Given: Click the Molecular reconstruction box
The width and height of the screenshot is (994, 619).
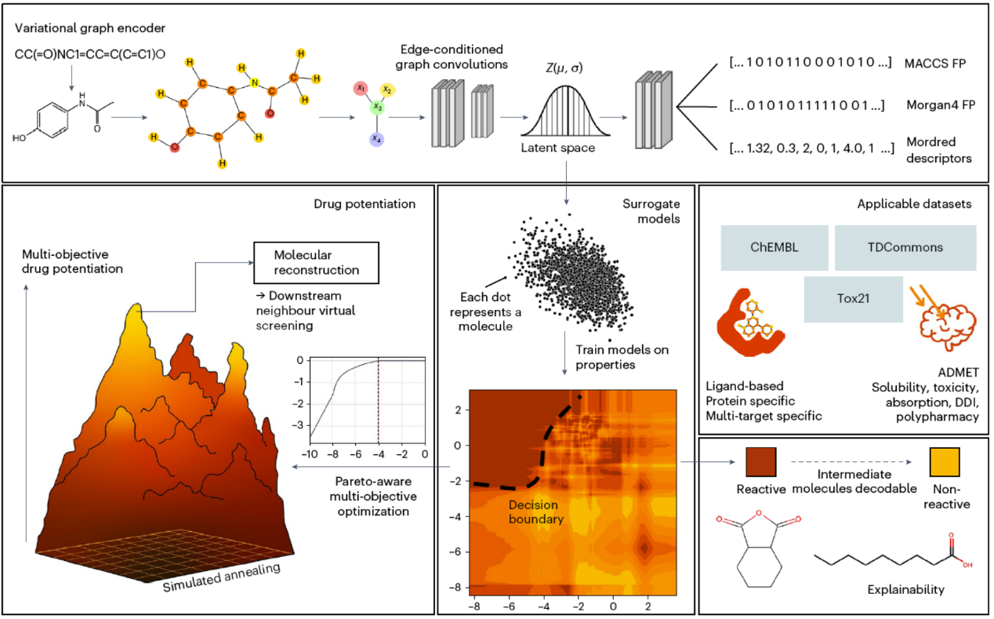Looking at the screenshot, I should point(317,262).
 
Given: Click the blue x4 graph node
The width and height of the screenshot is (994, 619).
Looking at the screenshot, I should point(377,140).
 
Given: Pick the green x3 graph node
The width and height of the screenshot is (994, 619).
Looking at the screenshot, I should point(377,106).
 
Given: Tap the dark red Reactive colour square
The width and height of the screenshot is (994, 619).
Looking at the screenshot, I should point(760,463).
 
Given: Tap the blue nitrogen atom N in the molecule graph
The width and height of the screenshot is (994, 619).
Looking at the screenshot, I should point(253,82).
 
